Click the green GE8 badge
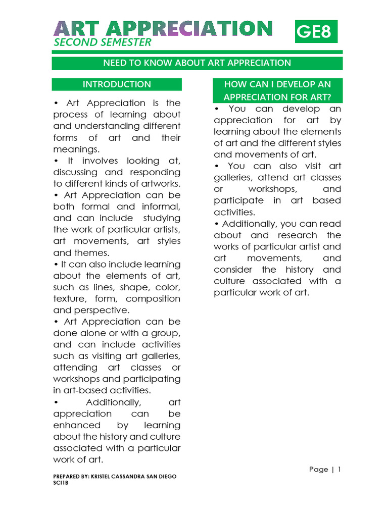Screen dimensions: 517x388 click(x=316, y=32)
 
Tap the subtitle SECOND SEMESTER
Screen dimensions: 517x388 click(x=103, y=42)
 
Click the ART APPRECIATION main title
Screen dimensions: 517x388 click(x=163, y=28)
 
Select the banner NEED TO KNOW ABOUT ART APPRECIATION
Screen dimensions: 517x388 click(x=197, y=63)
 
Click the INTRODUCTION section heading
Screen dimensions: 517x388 click(x=117, y=84)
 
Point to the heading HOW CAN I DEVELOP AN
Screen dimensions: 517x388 click(x=277, y=84)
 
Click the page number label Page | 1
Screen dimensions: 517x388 click(x=325, y=470)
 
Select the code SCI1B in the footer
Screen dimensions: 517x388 click(x=61, y=483)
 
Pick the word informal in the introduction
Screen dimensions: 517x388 click(x=158, y=206)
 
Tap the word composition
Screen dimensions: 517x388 click(x=153, y=298)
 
